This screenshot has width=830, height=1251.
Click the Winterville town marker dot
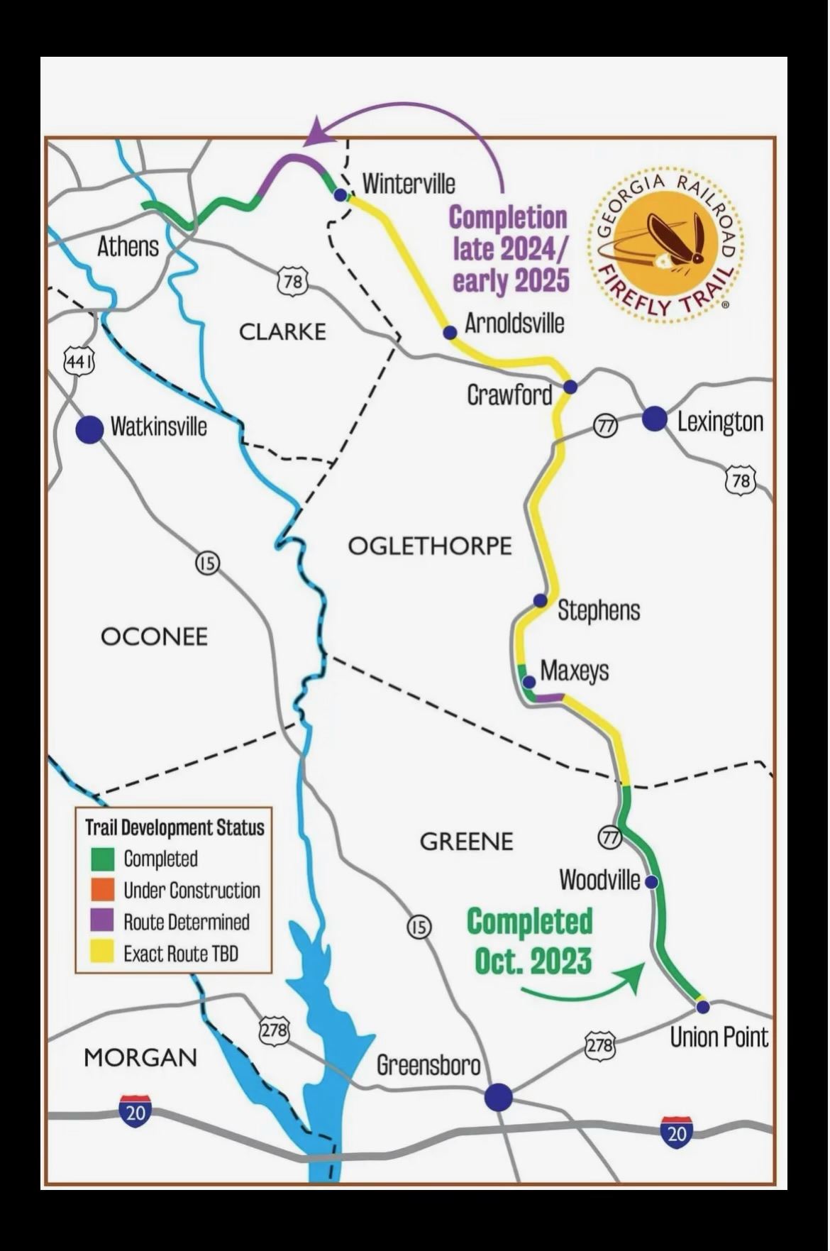341,194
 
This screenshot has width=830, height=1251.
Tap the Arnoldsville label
514,324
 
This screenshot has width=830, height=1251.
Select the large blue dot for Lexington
655,419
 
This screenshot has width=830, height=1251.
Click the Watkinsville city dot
89,429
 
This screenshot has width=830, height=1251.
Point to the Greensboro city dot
499,1096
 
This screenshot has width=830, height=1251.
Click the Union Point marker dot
702,1007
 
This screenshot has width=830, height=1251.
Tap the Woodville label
599,880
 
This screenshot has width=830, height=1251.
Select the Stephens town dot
540,600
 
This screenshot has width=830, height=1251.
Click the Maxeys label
575,671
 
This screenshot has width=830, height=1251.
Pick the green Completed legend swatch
103,859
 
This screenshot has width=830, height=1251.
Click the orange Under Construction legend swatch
103,890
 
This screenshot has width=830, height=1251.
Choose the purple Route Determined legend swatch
103,921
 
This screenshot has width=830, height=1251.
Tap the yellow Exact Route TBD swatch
103,952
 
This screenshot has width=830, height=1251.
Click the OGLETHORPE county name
430,546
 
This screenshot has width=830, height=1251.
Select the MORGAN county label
140,1057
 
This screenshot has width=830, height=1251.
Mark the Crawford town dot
570,387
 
